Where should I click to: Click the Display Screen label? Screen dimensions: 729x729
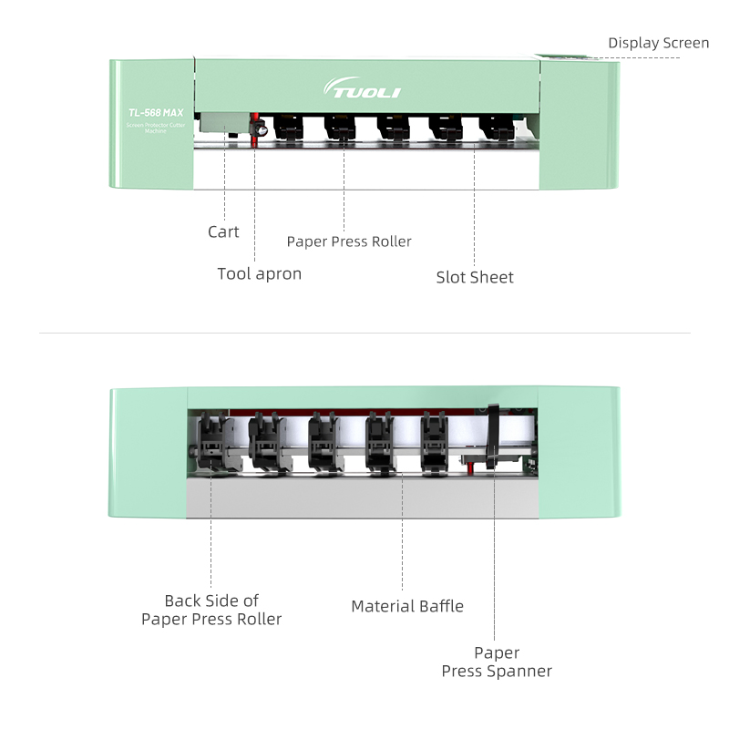(658, 43)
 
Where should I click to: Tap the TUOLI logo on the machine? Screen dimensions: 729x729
(362, 89)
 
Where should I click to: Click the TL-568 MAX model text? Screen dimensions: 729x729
(156, 112)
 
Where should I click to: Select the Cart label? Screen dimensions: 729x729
(223, 231)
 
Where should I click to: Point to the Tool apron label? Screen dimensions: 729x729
(259, 273)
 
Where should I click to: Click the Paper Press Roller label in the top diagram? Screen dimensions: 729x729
(349, 241)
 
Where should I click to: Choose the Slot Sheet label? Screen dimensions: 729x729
(475, 277)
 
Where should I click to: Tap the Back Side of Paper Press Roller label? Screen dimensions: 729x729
(211, 610)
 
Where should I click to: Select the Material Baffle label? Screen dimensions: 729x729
(407, 606)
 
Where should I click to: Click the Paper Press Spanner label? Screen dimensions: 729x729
(497, 662)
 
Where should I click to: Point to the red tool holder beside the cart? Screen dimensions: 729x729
(256, 129)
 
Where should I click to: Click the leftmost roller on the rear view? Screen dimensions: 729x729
(210, 441)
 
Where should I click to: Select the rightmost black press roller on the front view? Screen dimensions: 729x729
(497, 128)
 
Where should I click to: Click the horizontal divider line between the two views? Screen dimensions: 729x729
(364, 333)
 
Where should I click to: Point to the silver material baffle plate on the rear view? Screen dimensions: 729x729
(364, 497)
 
